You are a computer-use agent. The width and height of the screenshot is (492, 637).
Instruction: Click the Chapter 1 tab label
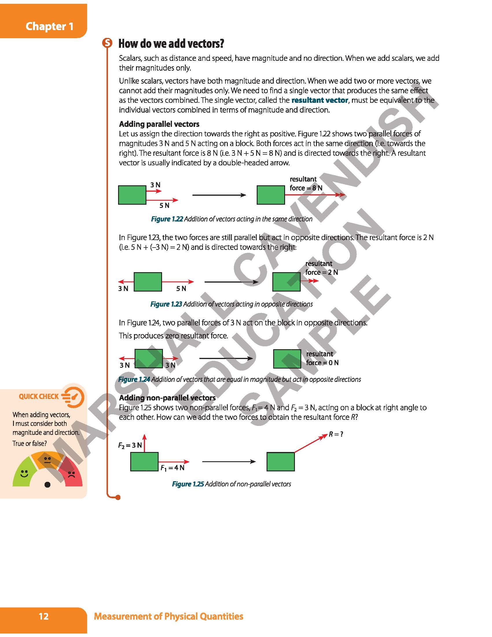[x=49, y=26]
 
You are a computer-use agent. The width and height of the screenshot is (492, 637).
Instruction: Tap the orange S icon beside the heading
[x=107, y=43]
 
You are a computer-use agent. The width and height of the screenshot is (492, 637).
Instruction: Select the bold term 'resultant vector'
[x=320, y=100]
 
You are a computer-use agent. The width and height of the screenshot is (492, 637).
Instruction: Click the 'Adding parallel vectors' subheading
[x=159, y=124]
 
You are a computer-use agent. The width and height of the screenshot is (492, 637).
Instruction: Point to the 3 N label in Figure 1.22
[x=155, y=185]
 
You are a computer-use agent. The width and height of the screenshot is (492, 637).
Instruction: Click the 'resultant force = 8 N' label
[x=306, y=184]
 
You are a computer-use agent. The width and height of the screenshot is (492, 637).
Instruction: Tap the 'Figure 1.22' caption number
[x=167, y=219]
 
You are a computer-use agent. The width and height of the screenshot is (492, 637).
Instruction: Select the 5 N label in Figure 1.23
[x=181, y=288]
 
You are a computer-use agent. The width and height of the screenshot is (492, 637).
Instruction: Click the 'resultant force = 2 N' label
[x=322, y=268]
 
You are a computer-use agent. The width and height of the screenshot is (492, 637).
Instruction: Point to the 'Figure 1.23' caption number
[x=166, y=304]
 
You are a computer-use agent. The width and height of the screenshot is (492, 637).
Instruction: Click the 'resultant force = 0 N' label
[x=322, y=358]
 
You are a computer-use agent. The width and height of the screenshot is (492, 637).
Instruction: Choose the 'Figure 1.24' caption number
[x=134, y=380]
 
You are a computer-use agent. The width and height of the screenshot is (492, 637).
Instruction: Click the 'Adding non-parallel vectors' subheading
[x=167, y=398]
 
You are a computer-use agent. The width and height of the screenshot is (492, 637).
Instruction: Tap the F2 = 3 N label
[x=130, y=445]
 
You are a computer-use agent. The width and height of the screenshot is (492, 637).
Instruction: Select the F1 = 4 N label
[x=172, y=468]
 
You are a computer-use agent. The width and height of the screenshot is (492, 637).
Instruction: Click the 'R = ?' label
[x=336, y=434]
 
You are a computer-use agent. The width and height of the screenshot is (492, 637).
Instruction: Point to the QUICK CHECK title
[x=39, y=397]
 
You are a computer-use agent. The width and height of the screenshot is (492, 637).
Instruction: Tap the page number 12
[x=43, y=616]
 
